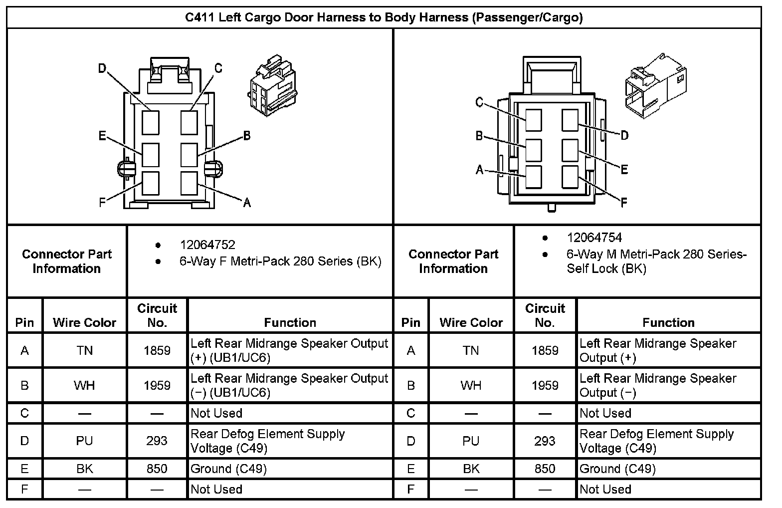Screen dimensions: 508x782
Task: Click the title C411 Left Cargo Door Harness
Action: tap(384, 17)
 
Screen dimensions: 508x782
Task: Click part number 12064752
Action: tap(207, 245)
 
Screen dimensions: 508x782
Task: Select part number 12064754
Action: tap(594, 238)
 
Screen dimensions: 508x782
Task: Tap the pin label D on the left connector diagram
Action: tap(102, 68)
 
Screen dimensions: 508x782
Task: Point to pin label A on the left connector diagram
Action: tap(247, 202)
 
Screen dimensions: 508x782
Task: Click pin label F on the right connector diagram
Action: tap(623, 203)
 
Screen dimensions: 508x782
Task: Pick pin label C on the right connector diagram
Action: tap(479, 103)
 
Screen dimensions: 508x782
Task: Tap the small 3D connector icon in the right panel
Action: tap(655, 86)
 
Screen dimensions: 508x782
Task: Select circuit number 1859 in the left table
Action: tap(157, 351)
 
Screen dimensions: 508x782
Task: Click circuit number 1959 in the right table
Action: tap(545, 386)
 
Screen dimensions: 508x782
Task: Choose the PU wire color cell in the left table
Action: tap(84, 441)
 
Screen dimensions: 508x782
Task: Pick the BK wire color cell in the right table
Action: tap(471, 469)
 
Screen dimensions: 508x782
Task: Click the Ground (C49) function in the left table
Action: tap(229, 469)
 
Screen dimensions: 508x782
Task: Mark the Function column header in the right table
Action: tap(668, 323)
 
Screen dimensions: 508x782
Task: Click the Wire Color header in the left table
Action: tap(84, 323)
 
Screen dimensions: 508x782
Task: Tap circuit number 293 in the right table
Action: tap(545, 441)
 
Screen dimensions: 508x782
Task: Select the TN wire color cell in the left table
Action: tap(84, 351)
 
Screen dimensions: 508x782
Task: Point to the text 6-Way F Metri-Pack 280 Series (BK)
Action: tap(280, 261)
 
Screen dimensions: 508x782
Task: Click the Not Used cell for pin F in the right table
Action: tap(605, 490)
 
